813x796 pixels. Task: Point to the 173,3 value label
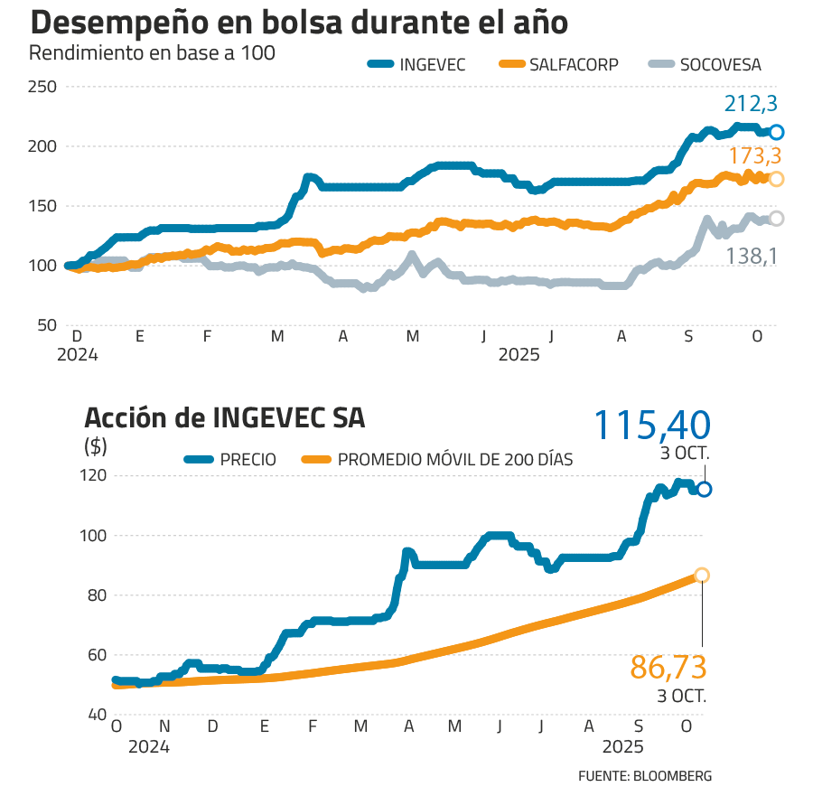(x=754, y=156)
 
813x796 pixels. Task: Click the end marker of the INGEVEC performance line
(x=776, y=132)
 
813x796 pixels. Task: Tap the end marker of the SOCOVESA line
(x=776, y=218)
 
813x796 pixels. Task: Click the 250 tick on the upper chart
(x=42, y=87)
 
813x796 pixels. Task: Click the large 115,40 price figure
(x=652, y=424)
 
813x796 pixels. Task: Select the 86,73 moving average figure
(x=668, y=669)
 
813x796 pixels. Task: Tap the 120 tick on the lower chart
(x=95, y=475)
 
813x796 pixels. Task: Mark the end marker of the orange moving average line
(x=702, y=576)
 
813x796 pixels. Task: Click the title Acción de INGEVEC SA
(x=225, y=418)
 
